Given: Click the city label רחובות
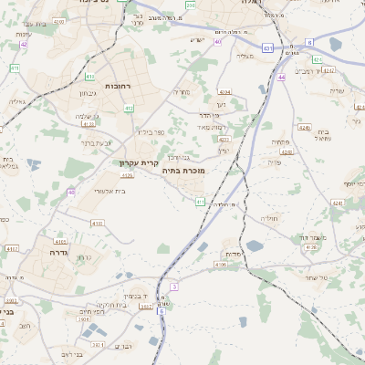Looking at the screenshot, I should [x=119, y=85].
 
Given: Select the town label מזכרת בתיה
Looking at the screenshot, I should [x=183, y=171].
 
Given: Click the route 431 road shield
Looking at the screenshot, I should [x=266, y=47].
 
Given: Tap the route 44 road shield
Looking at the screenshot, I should [x=283, y=78].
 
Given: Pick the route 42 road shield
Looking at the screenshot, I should [x=25, y=43].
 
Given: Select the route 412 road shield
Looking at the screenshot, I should [x=129, y=109].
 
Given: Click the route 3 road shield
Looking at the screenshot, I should [x=173, y=287].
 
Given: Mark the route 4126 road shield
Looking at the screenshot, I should [x=126, y=175].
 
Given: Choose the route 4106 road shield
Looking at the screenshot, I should [x=220, y=265].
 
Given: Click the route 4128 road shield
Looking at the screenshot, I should [x=311, y=247].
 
